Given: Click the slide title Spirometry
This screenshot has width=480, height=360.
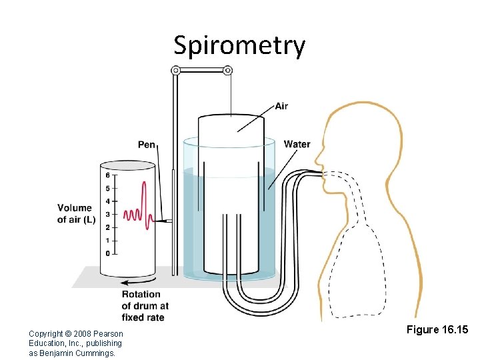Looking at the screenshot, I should coord(239,45).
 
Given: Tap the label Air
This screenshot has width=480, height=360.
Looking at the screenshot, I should coord(281,106).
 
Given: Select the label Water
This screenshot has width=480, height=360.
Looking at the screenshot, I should coord(297,144).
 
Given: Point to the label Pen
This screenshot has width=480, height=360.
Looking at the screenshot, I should coord(147,144).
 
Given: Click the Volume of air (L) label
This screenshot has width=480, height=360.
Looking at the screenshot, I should coord(75,214).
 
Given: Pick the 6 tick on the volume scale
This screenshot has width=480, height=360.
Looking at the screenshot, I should coord(108,175).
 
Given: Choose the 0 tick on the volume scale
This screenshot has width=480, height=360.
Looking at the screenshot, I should coord(108,253).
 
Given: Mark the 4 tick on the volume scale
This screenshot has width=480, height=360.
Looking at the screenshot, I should coord(108,201).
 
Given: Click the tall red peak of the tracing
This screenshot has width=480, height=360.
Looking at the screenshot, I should coord(142,185).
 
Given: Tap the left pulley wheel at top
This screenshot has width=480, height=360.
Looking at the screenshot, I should coord(176,70).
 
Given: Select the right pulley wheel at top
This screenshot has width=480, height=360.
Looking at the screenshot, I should coord(227,70).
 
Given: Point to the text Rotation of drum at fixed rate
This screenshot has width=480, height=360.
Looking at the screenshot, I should coord(145,305).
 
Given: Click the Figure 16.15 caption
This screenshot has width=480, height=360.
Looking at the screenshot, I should coord(437,330).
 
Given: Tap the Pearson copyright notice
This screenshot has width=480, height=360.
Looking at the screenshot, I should coord(76,343).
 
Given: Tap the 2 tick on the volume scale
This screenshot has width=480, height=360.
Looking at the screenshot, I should coord(108,227).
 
